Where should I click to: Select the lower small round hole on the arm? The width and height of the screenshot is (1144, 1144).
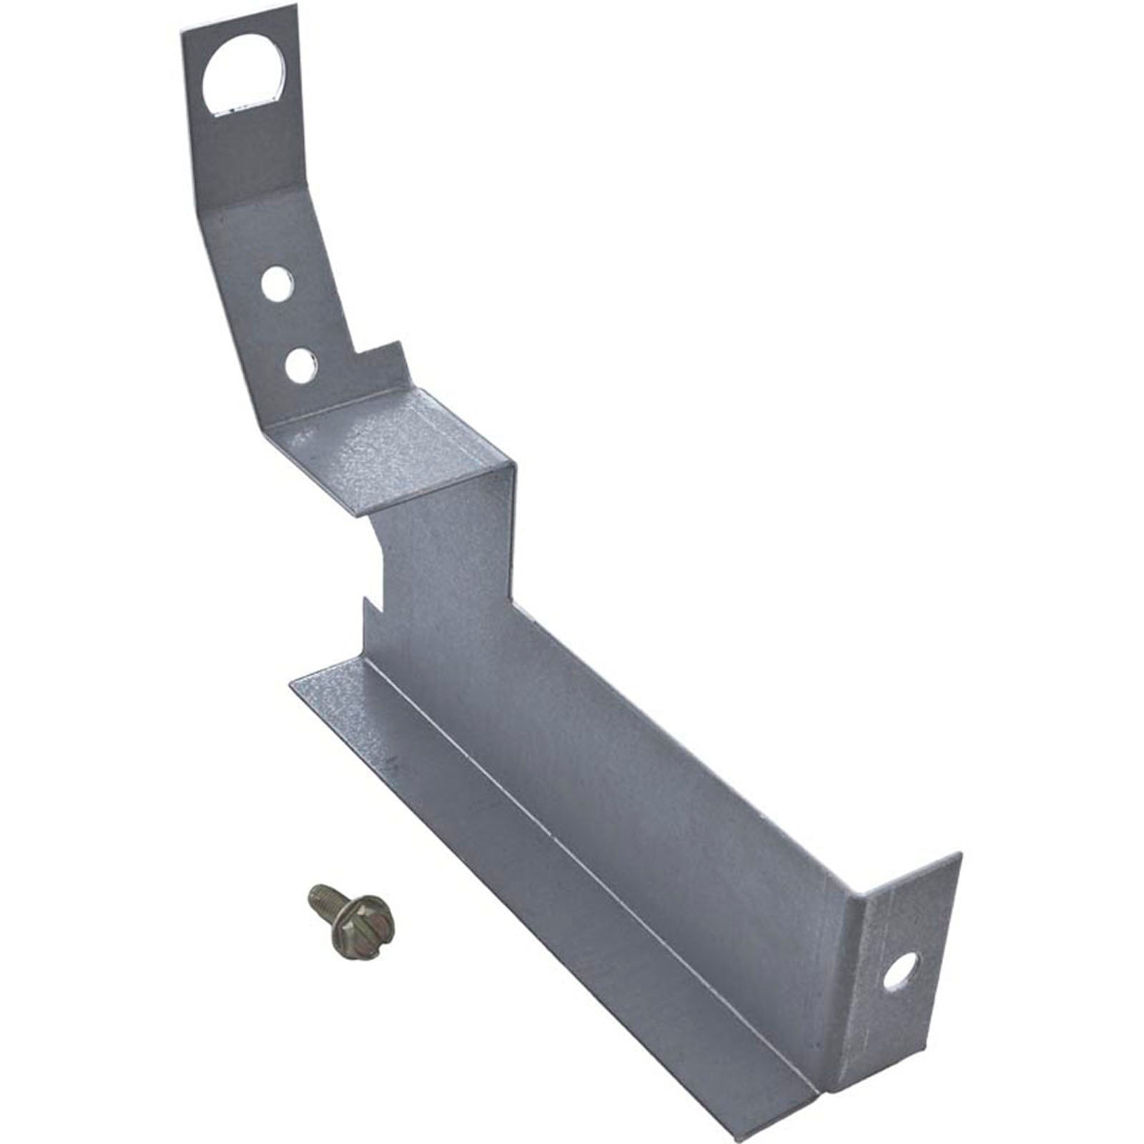(301, 365)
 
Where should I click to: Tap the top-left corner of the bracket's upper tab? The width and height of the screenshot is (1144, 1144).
(179, 30)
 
